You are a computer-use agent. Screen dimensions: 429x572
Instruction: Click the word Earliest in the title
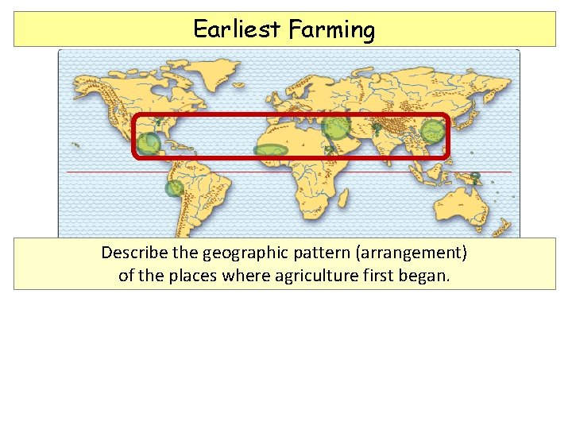point(238,29)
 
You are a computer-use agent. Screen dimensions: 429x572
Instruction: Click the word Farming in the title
point(331,30)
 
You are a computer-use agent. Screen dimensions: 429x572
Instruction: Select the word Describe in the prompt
point(133,253)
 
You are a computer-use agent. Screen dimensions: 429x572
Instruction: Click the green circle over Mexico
point(149,144)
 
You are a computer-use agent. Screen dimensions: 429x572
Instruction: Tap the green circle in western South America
point(174,188)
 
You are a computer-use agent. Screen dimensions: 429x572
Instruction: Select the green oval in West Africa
point(270,149)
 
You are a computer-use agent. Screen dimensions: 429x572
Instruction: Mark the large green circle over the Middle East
point(336,126)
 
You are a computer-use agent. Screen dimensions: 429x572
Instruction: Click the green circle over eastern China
point(432,130)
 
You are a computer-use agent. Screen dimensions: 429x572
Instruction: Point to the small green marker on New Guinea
point(475,176)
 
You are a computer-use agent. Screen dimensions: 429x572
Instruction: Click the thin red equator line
point(238,172)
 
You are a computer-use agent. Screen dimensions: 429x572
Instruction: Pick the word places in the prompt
point(203,277)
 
